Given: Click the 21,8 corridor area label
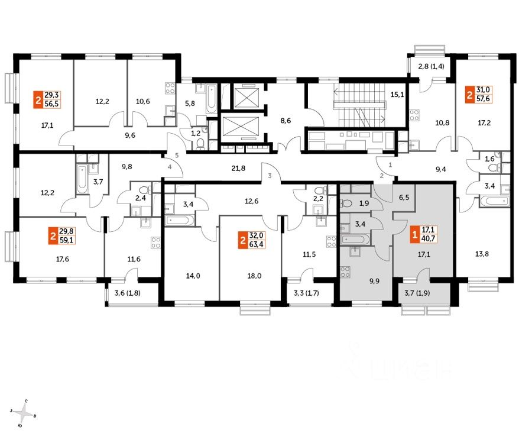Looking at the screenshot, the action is pyautogui.click(x=238, y=169).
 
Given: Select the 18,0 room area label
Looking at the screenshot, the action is pyautogui.click(x=254, y=276).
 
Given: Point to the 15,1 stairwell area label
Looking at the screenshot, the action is pyautogui.click(x=397, y=95).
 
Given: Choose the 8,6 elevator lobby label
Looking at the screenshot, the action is pyautogui.click(x=286, y=121).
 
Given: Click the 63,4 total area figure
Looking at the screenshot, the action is pyautogui.click(x=256, y=244).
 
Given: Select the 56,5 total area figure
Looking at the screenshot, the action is pyautogui.click(x=52, y=104).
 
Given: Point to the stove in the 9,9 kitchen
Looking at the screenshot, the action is pyautogui.click(x=345, y=272).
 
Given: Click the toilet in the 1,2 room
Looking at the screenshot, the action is pyautogui.click(x=200, y=144).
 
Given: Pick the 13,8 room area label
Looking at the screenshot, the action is pyautogui.click(x=482, y=254).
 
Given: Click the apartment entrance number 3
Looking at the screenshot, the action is pyautogui.click(x=270, y=176).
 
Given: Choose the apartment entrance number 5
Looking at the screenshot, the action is pyautogui.click(x=177, y=155).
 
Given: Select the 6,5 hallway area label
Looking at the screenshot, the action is pyautogui.click(x=404, y=198).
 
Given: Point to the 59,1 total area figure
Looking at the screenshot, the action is pyautogui.click(x=67, y=240).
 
